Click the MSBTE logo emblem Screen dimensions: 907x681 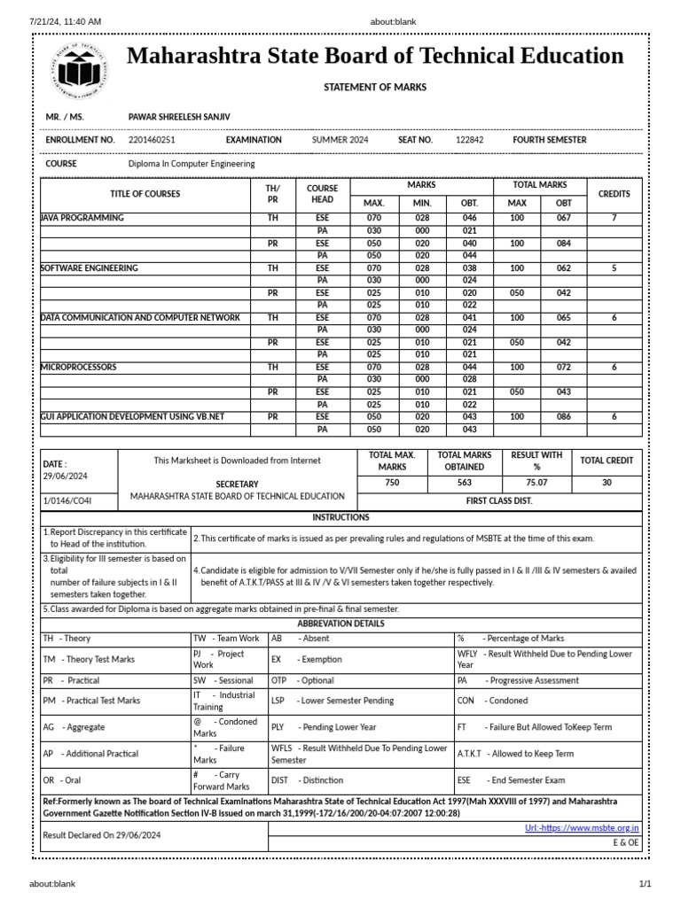pyautogui.click(x=79, y=69)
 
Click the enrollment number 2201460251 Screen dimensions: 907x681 pyautogui.click(x=152, y=140)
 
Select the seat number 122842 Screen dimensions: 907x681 pyautogui.click(x=469, y=140)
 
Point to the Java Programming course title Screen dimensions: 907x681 pyautogui.click(x=82, y=218)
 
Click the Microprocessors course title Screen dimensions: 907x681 pyautogui.click(x=79, y=367)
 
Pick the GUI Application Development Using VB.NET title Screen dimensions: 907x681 pyautogui.click(x=132, y=416)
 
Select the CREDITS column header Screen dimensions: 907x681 pyautogui.click(x=614, y=194)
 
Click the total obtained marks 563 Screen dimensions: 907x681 pyautogui.click(x=465, y=484)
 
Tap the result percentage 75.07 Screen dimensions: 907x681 pyautogui.click(x=536, y=484)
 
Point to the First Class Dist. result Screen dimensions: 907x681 pyautogui.click(x=499, y=500)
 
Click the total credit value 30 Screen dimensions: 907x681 pyautogui.click(x=607, y=484)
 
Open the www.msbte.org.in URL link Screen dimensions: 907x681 pyautogui.click(x=582, y=828)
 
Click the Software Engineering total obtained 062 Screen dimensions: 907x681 pyautogui.click(x=564, y=267)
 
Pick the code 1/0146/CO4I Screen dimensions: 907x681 pyautogui.click(x=67, y=501)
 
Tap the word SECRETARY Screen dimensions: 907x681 pyautogui.click(x=237, y=485)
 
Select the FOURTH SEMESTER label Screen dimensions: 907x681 pyautogui.click(x=549, y=140)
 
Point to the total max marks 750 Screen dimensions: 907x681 pyautogui.click(x=392, y=484)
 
